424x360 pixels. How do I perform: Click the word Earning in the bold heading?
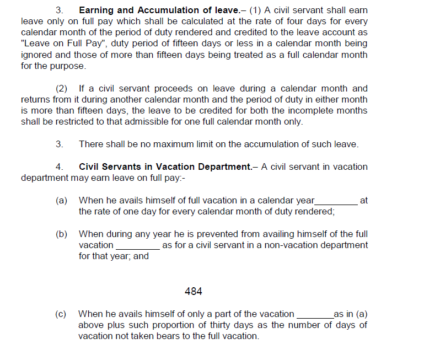98,10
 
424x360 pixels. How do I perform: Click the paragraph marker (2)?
63,88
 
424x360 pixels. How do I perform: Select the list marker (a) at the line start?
61,201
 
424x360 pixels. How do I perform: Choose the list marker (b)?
61,234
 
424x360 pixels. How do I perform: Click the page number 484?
194,291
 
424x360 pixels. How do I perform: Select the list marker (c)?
61,314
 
